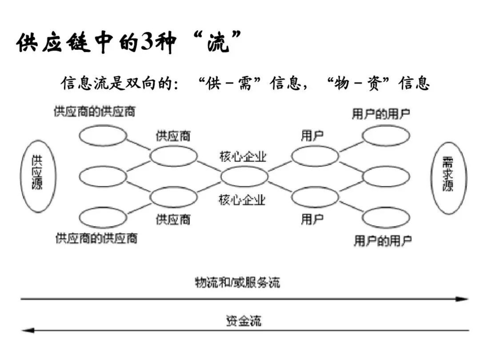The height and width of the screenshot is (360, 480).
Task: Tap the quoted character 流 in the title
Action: [x=218, y=42]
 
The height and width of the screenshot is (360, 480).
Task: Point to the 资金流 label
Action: [x=244, y=320]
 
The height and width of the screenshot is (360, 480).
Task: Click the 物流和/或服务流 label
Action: [x=237, y=282]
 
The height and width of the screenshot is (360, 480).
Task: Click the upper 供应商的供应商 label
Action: [x=95, y=112]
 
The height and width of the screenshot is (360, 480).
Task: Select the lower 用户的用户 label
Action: [x=383, y=240]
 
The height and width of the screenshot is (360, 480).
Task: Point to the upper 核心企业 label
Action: [x=243, y=157]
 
